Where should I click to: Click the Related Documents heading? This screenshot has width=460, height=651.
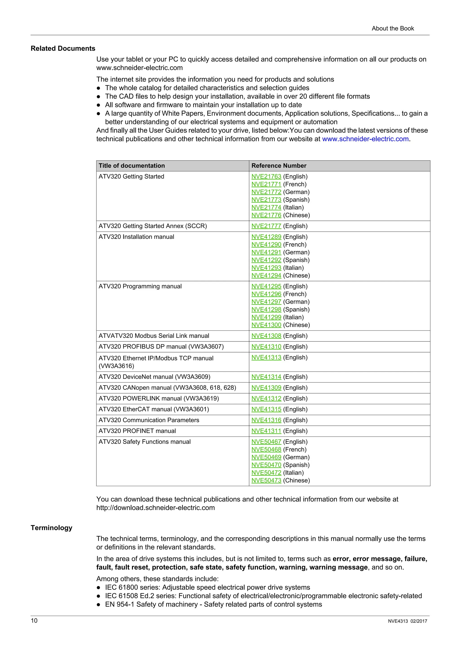point(63,49)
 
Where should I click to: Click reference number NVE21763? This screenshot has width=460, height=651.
point(266,176)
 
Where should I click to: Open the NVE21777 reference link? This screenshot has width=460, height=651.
point(266,226)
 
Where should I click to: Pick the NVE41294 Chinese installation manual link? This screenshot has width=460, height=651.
point(266,275)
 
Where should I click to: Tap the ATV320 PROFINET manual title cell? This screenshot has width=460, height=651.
point(137,431)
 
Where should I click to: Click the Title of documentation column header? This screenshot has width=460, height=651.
point(132,166)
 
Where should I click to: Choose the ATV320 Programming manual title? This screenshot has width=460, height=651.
point(140,286)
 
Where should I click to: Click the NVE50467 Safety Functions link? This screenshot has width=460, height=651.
point(266,442)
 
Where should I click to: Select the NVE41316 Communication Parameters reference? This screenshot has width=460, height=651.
point(266,420)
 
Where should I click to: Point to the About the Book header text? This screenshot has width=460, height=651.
point(393,28)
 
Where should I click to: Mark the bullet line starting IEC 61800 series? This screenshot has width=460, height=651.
point(208,587)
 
